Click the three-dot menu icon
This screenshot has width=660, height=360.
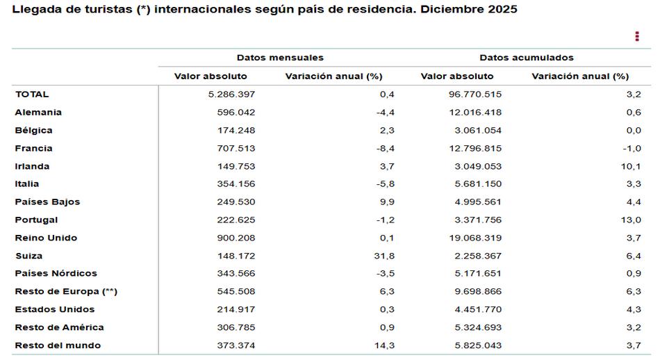click(x=637, y=36)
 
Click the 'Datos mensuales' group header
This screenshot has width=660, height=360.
click(x=280, y=58)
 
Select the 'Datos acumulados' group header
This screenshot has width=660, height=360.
click(x=526, y=58)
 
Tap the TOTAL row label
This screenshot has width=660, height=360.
click(x=32, y=95)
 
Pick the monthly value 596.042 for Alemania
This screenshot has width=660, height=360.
click(x=236, y=113)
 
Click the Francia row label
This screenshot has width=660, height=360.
click(x=33, y=148)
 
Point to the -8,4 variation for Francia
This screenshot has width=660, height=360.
click(x=386, y=148)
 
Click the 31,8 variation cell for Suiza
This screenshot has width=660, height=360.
click(x=384, y=256)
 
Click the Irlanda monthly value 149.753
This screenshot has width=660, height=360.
click(x=236, y=166)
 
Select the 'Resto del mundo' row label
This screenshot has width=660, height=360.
click(x=58, y=345)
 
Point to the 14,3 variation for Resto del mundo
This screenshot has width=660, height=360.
click(x=384, y=345)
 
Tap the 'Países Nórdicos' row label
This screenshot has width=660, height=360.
click(x=56, y=273)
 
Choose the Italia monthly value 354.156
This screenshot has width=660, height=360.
click(x=236, y=184)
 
